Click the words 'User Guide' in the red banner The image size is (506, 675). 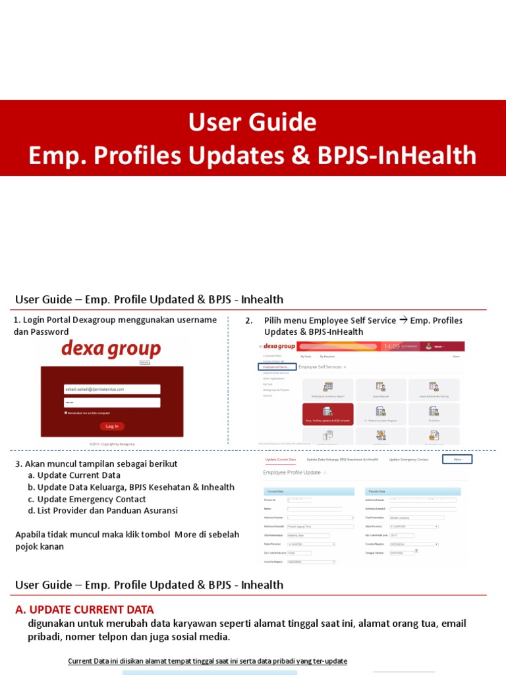click(252, 122)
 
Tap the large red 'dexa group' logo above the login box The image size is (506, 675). click(111, 348)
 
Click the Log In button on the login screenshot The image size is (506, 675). click(112, 426)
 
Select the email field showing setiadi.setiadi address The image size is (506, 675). click(112, 389)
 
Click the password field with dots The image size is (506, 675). click(112, 402)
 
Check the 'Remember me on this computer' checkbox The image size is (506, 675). click(66, 413)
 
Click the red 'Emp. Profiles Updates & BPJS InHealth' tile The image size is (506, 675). click(327, 413)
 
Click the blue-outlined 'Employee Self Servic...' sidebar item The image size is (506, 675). click(276, 367)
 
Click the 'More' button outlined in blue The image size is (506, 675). click(457, 459)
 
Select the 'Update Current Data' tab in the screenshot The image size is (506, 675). click(280, 459)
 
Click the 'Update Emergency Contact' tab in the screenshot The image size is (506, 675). click(408, 459)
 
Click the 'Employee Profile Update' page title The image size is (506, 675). click(292, 473)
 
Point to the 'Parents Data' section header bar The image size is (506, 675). click(412, 492)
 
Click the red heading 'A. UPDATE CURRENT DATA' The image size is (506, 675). click(84, 610)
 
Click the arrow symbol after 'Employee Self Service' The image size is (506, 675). click(403, 321)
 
